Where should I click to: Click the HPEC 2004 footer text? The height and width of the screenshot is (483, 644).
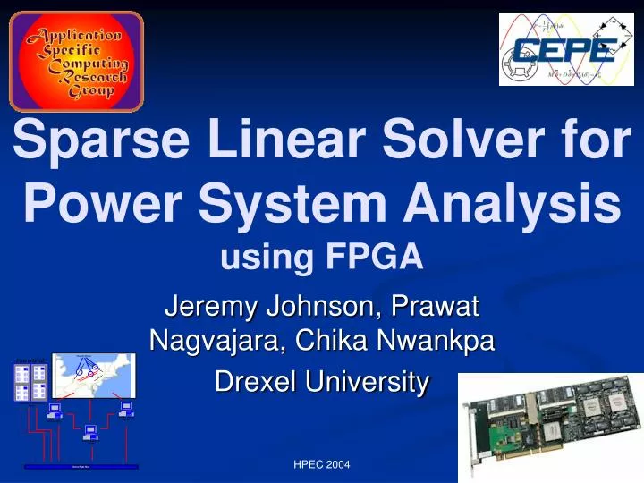322,464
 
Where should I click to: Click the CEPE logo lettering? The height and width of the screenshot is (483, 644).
563,50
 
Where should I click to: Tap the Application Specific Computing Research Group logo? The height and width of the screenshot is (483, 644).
76,61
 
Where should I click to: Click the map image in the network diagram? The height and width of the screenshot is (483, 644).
93,375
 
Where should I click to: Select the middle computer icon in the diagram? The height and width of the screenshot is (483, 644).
90,433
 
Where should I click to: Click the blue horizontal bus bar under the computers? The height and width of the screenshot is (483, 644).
81,466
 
